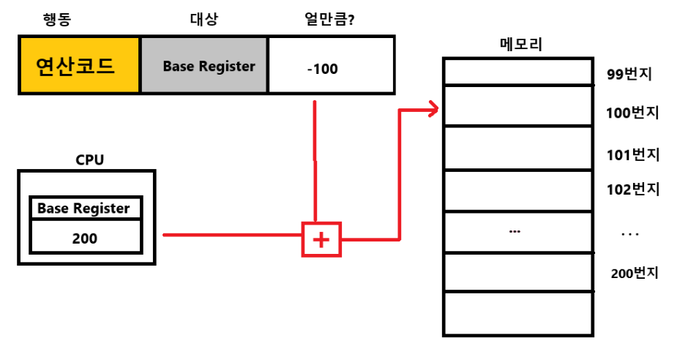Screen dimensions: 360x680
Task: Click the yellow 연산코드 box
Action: [79, 66]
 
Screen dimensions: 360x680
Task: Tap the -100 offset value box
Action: [331, 66]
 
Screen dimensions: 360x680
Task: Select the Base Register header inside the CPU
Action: [84, 209]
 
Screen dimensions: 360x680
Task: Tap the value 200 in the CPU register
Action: [85, 238]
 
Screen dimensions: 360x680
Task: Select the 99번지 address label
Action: [629, 74]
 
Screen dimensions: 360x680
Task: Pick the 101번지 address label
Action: [632, 155]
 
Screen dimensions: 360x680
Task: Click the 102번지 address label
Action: [632, 190]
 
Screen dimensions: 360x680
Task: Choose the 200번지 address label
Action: [635, 273]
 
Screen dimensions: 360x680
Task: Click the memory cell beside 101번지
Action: [518, 148]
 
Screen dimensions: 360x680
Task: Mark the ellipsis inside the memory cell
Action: [514, 231]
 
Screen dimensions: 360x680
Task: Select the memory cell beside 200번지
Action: [518, 272]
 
